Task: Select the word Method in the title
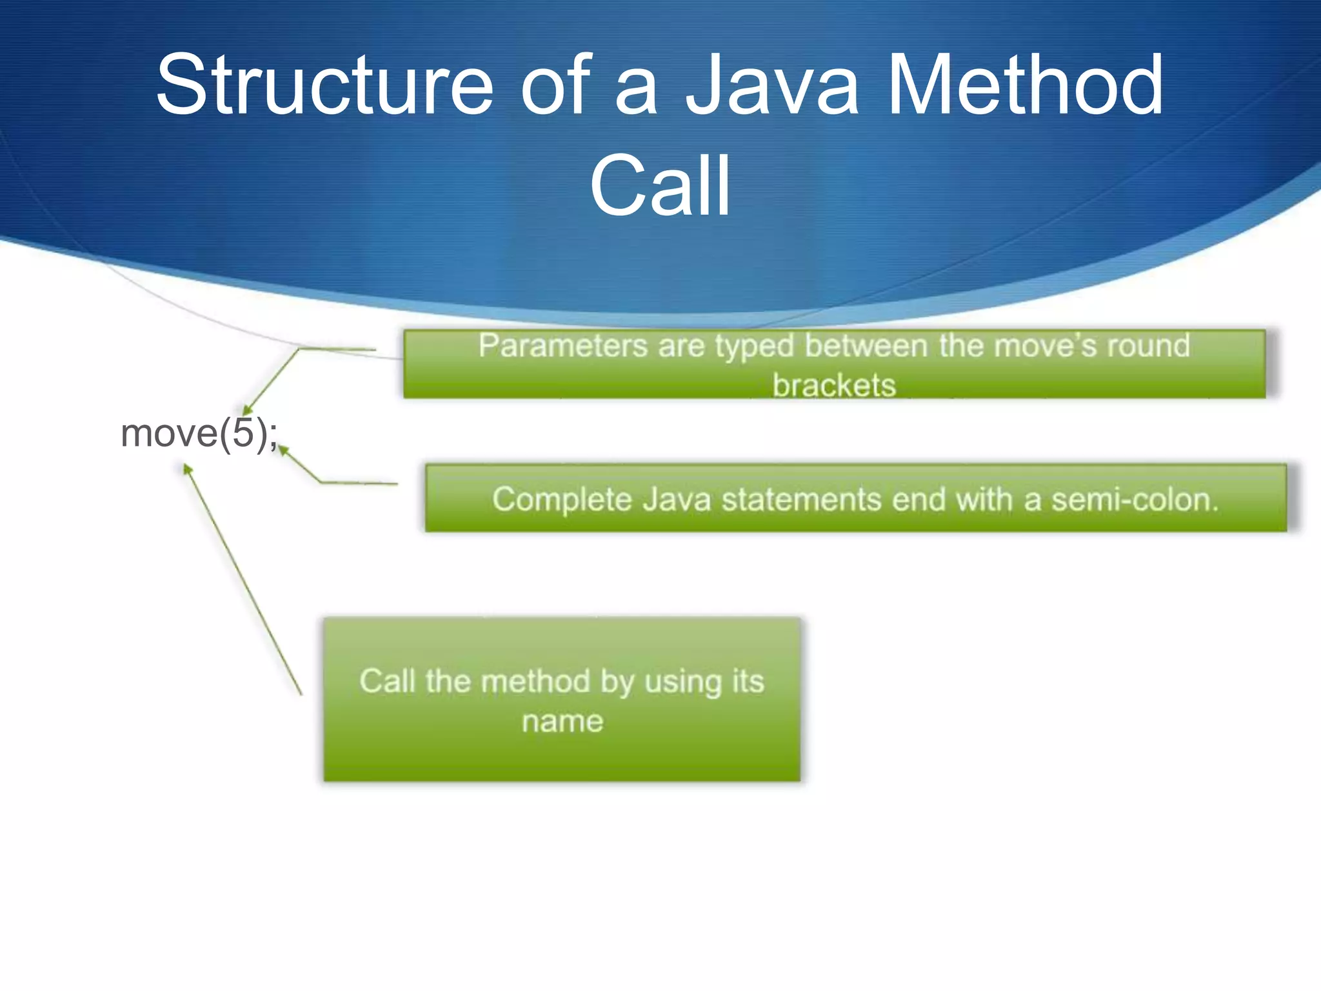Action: pyautogui.click(x=1026, y=85)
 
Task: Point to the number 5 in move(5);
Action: pyautogui.click(x=244, y=433)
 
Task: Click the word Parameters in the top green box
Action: pyautogui.click(x=562, y=346)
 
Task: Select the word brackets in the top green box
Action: pyautogui.click(x=834, y=385)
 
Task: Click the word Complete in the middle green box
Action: pyautogui.click(x=561, y=500)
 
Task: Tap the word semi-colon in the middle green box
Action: pyautogui.click(x=1135, y=500)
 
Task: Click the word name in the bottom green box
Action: pyautogui.click(x=562, y=721)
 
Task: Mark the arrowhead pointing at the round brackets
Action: pyautogui.click(x=246, y=410)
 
